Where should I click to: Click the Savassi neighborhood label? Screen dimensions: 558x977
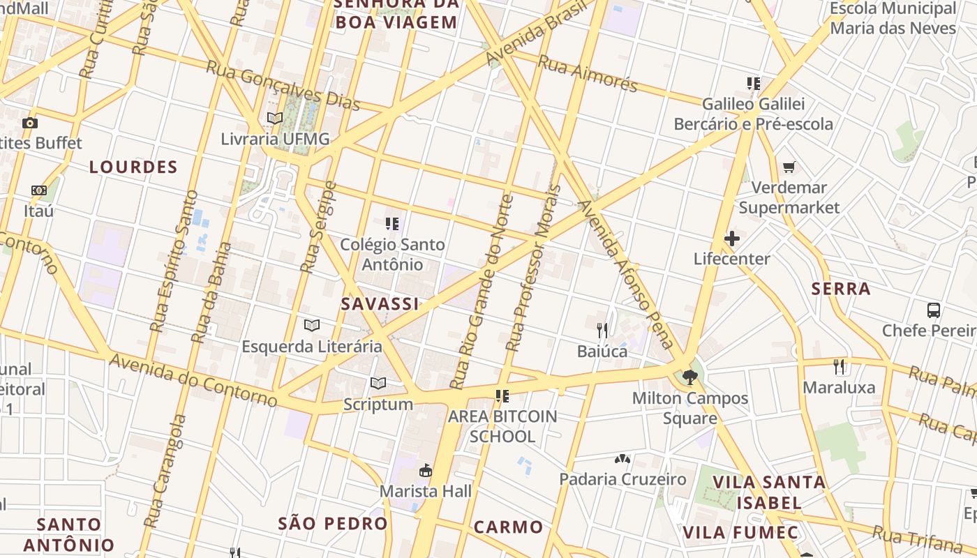(380, 303)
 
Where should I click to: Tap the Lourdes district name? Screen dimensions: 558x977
(133, 167)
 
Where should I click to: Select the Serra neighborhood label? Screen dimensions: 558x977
(841, 289)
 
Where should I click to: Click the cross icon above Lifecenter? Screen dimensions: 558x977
(731, 239)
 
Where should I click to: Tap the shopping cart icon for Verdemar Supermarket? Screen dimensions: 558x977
(789, 167)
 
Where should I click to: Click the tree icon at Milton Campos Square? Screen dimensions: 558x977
(690, 377)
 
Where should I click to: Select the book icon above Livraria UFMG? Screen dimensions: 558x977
(275, 119)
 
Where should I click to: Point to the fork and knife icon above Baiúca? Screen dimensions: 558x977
(602, 330)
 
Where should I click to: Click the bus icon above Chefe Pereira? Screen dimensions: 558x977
(933, 310)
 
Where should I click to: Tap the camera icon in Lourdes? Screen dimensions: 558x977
(29, 123)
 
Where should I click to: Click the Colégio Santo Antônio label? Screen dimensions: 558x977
(392, 255)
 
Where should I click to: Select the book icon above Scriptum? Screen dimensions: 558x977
(378, 384)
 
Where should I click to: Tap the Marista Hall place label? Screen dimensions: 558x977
(426, 491)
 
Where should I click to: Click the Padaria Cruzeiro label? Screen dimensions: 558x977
(622, 479)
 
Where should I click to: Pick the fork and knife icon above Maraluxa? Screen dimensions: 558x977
(839, 366)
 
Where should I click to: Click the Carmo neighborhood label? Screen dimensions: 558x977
(508, 527)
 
